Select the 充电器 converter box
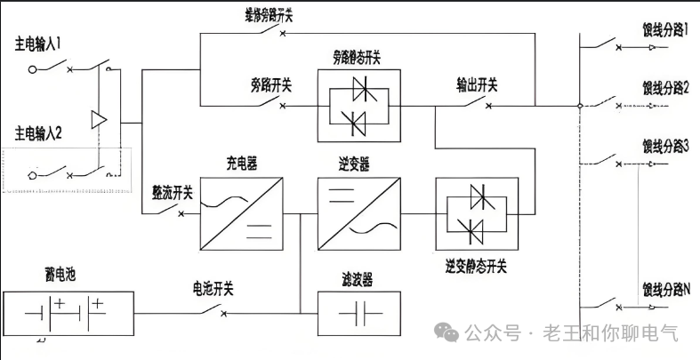240,212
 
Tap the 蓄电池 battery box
69,313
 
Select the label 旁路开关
271,85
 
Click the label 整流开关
173,192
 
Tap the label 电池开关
213,288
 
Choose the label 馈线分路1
666,29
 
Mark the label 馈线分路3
666,144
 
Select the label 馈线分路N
666,288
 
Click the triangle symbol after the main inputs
99,118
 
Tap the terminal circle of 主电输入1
34,68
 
